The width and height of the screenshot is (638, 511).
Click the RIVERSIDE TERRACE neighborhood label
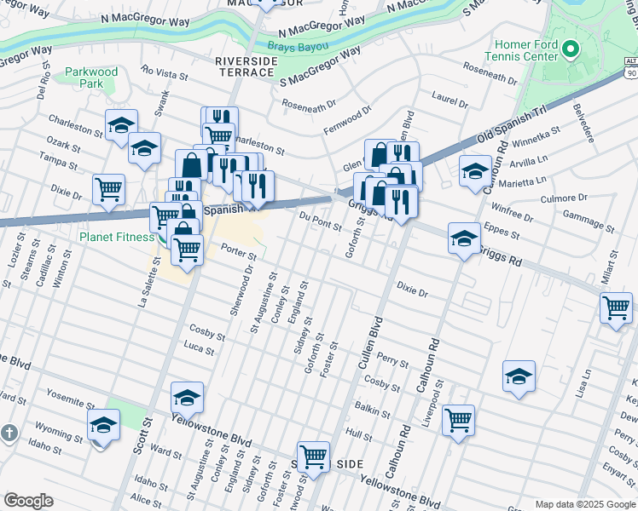click(255, 67)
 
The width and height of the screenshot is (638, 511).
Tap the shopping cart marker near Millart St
click(616, 307)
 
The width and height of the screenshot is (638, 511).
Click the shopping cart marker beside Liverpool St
click(458, 418)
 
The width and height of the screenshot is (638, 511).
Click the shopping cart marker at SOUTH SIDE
click(313, 456)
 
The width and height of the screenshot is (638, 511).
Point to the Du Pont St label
click(320, 222)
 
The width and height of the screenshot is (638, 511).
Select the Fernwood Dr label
click(348, 119)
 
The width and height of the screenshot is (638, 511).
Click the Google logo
click(29, 500)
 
